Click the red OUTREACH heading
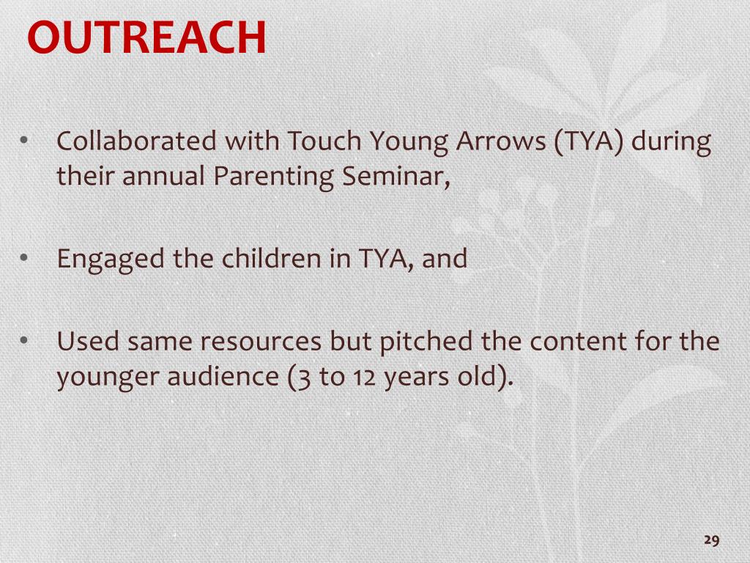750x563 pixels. [x=146, y=37]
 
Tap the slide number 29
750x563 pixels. [x=712, y=540]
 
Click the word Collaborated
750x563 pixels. [x=136, y=141]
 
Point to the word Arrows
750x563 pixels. [x=501, y=141]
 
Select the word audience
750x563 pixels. [x=223, y=376]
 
